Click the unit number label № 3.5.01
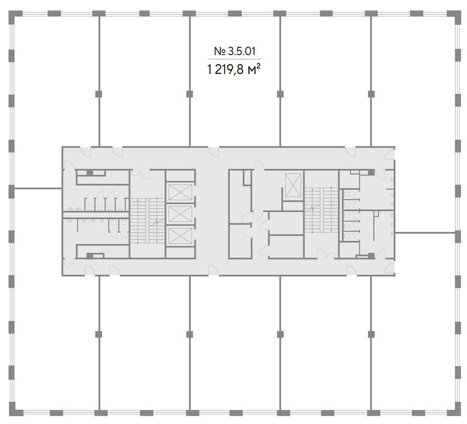[235, 51]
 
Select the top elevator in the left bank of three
[180, 193]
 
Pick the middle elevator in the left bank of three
[180, 214]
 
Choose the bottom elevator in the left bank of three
[180, 236]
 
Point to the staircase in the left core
[147, 221]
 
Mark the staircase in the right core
[321, 210]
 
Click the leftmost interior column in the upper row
[99, 94]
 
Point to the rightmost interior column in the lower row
[371, 334]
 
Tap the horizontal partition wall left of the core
[38, 188]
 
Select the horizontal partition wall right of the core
[425, 232]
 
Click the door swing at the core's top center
[214, 152]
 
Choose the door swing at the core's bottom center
[214, 270]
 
